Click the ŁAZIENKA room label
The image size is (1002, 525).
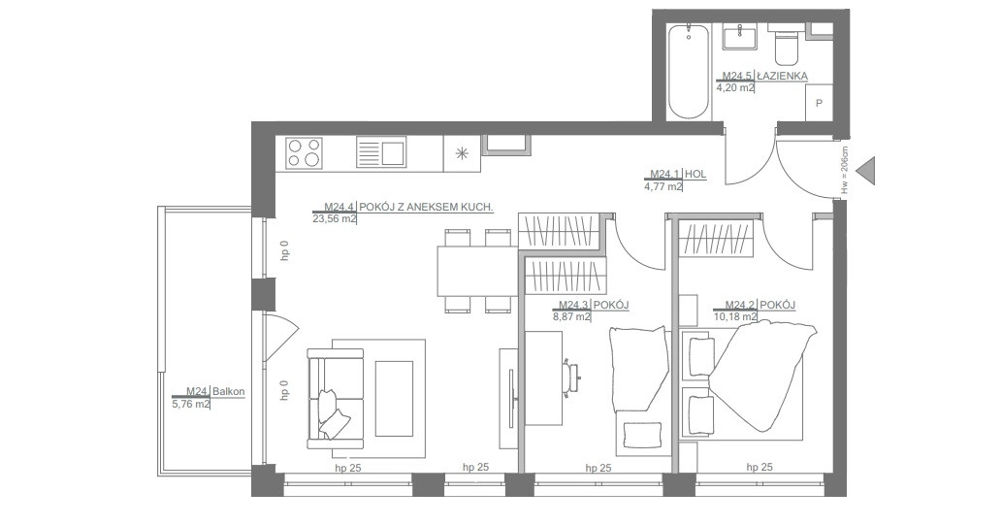pos(782,76)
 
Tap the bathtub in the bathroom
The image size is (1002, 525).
pos(688,72)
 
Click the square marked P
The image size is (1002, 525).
pos(820,102)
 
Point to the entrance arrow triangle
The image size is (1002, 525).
pos(865,171)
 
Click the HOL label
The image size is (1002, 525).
pos(695,174)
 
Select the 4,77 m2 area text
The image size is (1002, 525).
pos(663,186)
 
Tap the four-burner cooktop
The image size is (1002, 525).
pos(304,153)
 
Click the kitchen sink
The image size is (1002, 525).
pos(381,153)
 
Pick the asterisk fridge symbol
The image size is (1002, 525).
pos(462,153)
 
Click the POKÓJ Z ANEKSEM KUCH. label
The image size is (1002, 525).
pos(426,207)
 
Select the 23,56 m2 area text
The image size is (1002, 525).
pos(335,218)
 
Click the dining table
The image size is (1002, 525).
pos(476,271)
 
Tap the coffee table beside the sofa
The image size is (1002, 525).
pos(394,399)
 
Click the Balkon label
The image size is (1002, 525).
pos(229,391)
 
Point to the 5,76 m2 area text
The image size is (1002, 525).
pos(191,404)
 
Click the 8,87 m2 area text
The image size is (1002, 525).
pos(571,316)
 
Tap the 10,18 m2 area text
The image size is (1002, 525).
pos(735,316)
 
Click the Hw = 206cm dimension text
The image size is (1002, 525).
pos(845,170)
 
